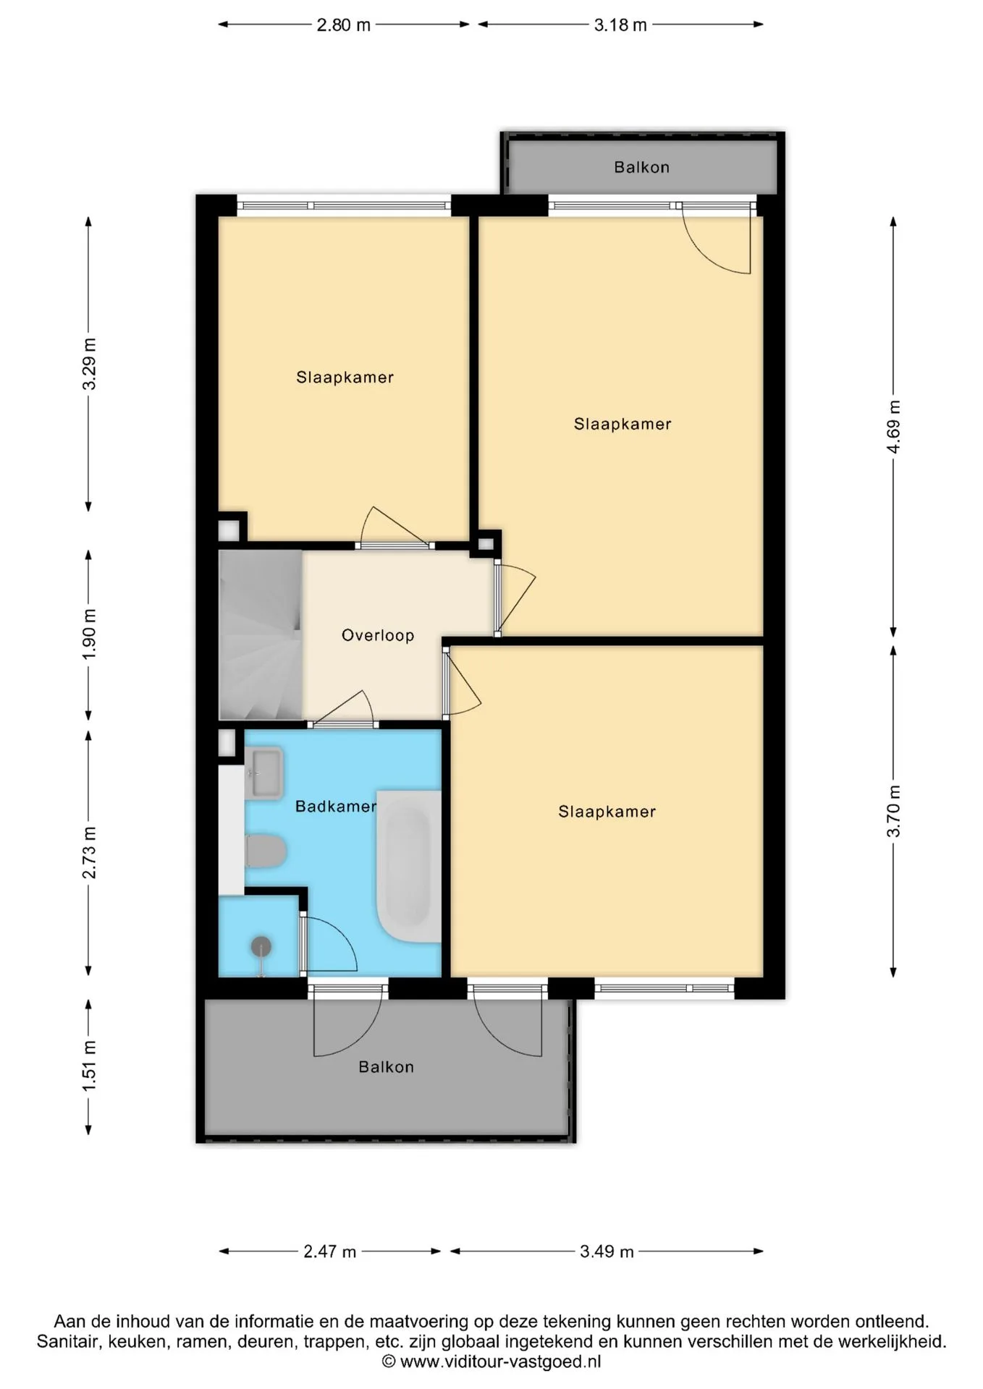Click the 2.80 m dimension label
pos(344,25)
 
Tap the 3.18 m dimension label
pos(620,25)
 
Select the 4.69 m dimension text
pos(894,427)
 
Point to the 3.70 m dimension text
pos(894,811)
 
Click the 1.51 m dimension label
pos(89,1066)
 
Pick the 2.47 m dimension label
pos(330,1252)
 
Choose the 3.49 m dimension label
pos(607,1252)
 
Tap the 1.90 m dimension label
pos(89,634)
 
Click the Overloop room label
pos(378,635)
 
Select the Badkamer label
pos(336,806)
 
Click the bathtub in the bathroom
pos(409,866)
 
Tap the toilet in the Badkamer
pos(266,851)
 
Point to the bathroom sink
pos(263,773)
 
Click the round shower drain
pos(261,946)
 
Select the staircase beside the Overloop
pos(261,634)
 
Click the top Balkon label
pos(642,167)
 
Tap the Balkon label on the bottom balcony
pos(387,1067)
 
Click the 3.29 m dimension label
pos(89,364)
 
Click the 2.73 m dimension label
pos(89,853)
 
